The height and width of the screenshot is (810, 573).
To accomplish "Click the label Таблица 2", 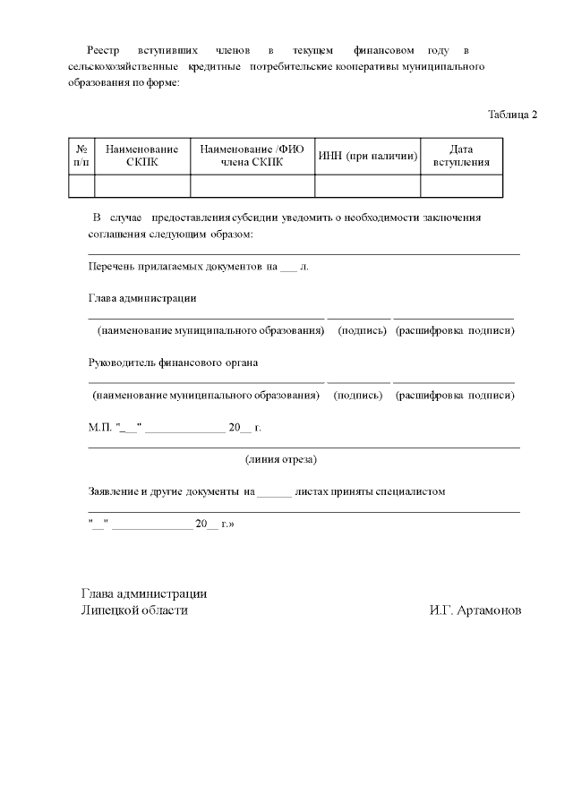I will [512, 115].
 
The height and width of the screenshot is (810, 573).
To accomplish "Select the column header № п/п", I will [81, 156].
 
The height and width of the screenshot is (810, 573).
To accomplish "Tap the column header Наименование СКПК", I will [141, 156].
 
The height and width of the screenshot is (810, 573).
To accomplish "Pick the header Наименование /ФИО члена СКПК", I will [252, 156].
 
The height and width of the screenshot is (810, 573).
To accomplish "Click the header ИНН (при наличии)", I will [367, 156].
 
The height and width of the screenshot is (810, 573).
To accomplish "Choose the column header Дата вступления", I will [461, 156].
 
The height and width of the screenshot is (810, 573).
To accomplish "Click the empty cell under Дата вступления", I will [461, 185].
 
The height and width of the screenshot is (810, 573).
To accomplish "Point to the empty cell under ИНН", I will [367, 185].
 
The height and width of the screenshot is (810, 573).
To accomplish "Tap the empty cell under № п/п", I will [81, 185].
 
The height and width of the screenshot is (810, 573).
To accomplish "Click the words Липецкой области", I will [134, 610].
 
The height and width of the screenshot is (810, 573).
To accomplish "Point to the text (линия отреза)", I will [281, 460].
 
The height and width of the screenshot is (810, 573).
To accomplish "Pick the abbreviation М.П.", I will [98, 428].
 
